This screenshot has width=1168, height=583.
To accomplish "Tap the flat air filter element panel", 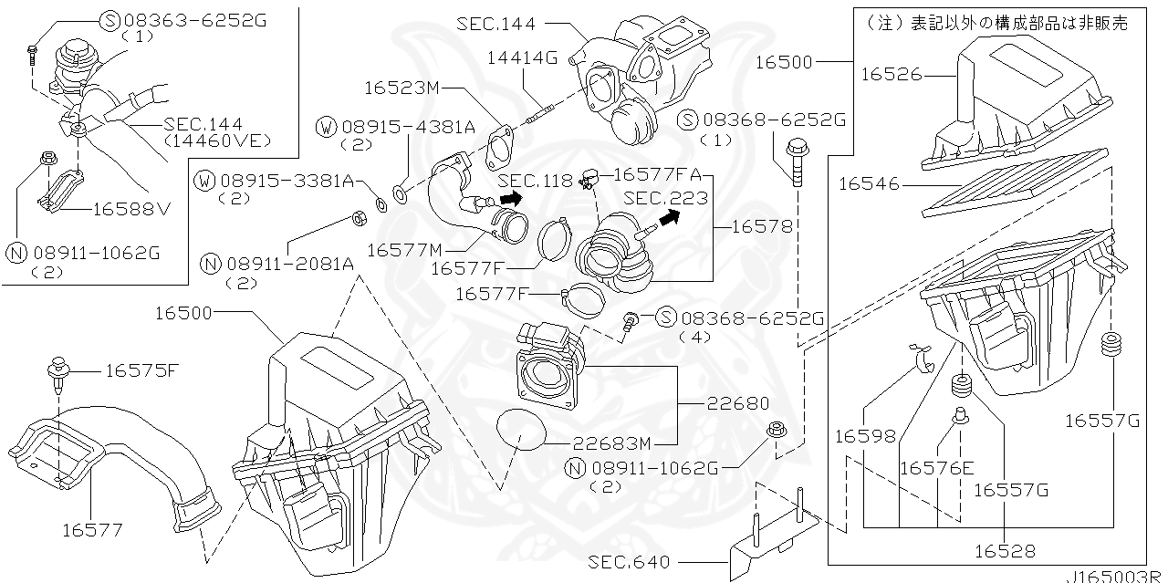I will click(1013, 182).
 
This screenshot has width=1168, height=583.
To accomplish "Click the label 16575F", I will click(141, 370).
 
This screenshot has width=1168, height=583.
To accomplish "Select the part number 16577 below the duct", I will click(92, 529).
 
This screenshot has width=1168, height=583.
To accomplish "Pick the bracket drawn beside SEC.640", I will click(776, 538).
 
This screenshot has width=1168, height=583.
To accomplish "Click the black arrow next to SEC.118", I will click(512, 197).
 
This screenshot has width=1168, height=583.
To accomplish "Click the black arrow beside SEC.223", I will click(670, 217).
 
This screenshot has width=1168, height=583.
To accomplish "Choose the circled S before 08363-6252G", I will click(109, 20).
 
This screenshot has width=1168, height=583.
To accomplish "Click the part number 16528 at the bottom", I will click(1005, 551).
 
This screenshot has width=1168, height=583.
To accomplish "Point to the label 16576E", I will click(936, 469).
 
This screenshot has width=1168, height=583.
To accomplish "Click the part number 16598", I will click(864, 437).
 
